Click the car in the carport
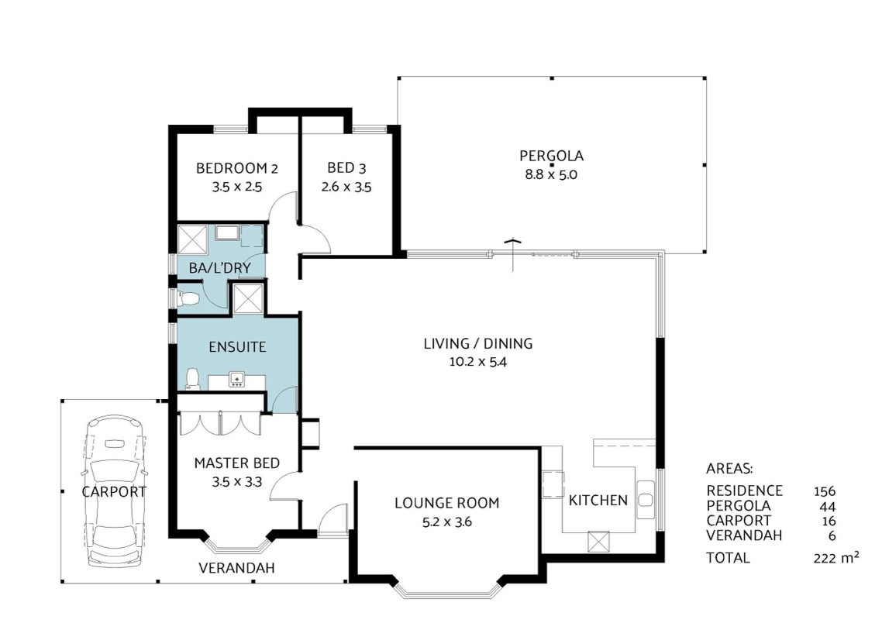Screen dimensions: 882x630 pos(115,491)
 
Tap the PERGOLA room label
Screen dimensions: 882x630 pos(551,156)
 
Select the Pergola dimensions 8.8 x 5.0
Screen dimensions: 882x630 pos(551,174)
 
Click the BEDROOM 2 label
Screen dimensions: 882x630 pos(237,168)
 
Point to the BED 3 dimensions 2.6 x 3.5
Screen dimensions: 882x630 pos(346,187)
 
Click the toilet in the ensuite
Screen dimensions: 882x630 pos(192,379)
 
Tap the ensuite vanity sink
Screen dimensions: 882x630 pos(237,380)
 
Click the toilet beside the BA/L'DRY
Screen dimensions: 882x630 pos(188,298)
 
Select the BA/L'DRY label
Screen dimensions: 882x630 pos(219,268)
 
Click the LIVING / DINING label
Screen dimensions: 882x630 pos(478,343)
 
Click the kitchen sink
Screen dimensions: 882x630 pos(645,500)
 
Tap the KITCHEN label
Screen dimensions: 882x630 pos(598,500)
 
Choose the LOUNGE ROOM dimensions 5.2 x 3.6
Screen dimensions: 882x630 pos(447,522)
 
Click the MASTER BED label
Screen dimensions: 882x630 pos(237,463)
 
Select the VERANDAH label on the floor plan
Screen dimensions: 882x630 pos(237,568)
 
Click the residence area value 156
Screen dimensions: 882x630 pos(825,491)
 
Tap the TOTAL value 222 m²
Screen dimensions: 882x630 pos(835,557)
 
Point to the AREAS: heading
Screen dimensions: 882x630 pos(729,468)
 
